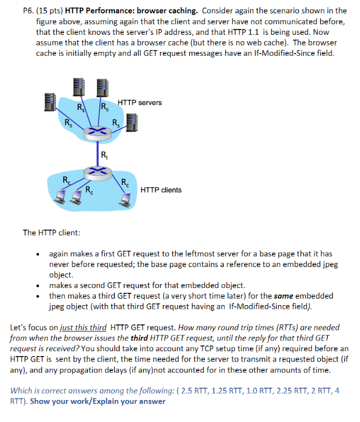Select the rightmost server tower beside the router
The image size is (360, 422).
point(132,122)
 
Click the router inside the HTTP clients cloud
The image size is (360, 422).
point(97,170)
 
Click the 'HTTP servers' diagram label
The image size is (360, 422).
point(139,102)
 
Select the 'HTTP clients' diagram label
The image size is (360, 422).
point(161,190)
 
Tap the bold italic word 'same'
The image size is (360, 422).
point(284,296)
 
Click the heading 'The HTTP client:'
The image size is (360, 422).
point(52,233)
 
